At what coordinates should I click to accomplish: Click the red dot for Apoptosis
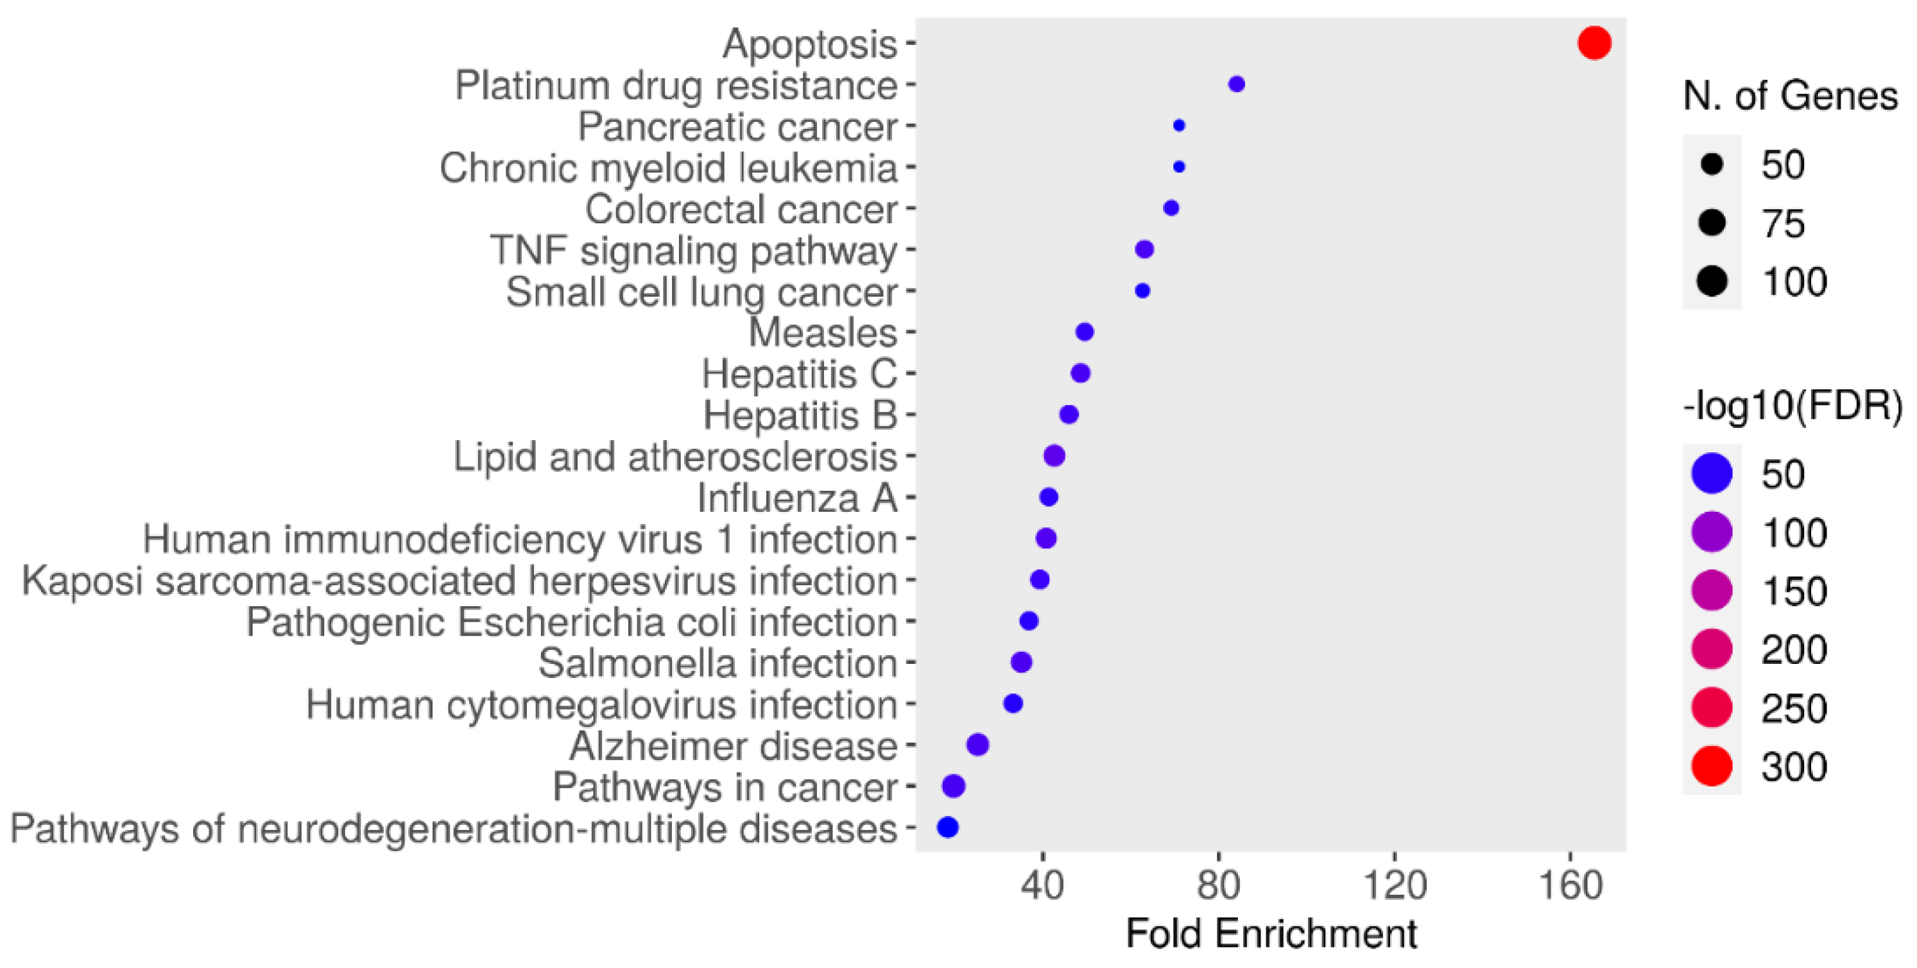1594,42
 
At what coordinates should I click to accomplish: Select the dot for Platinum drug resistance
1236,84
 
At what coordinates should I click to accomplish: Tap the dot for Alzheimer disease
977,744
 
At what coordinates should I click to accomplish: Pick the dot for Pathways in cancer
953,786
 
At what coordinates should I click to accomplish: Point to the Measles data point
1084,332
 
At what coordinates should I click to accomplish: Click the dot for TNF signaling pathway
1144,250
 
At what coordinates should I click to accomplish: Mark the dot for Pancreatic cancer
1179,126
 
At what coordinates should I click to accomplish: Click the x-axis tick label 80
1218,885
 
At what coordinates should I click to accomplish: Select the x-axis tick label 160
1570,885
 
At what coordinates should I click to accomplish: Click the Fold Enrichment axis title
1271,934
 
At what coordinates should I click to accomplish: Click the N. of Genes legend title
1790,97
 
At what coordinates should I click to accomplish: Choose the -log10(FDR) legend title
1792,407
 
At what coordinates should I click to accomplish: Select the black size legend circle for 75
1712,223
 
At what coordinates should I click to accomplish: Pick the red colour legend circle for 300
1712,766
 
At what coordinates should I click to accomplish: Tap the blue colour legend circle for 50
1712,473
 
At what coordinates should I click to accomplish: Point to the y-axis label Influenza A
796,498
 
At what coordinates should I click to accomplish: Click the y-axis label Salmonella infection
718,663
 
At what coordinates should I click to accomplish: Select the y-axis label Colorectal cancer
741,209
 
